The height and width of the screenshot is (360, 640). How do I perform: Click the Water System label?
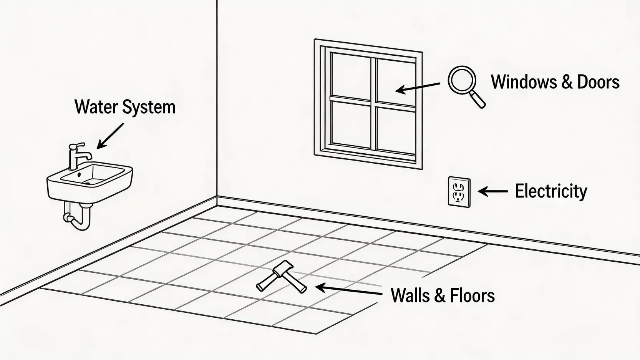click(x=125, y=107)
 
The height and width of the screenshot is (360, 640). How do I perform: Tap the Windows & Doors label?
click(x=555, y=82)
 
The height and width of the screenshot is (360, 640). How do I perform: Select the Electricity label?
click(x=551, y=191)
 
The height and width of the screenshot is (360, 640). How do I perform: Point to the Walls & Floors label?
click(x=443, y=295)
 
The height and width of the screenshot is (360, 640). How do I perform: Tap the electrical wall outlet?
click(x=459, y=192)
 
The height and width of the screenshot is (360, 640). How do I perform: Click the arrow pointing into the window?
click(x=418, y=87)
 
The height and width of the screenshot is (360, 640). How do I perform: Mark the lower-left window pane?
click(x=350, y=124)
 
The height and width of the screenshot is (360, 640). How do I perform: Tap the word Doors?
click(x=598, y=82)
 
